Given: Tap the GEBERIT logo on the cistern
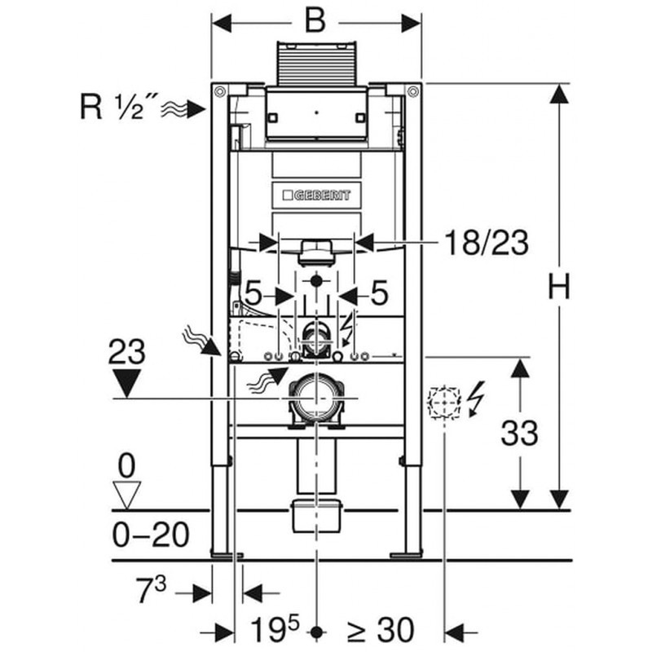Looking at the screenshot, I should [316, 195].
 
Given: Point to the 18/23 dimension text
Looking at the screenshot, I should [487, 242].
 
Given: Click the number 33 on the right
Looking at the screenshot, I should [519, 433].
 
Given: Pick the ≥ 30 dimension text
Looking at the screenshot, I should [381, 629].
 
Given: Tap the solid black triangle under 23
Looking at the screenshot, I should [126, 382].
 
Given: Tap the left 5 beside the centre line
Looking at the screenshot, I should [254, 294].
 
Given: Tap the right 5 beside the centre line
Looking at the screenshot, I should [379, 294].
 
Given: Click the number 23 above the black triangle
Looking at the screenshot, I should [126, 352].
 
